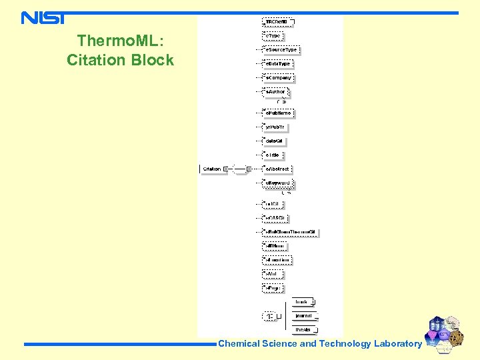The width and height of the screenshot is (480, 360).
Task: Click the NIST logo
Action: click(43, 17)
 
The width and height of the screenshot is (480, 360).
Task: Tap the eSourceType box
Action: click(281, 49)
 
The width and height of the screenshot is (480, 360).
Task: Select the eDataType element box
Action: click(278, 63)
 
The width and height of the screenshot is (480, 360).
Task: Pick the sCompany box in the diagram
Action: click(278, 78)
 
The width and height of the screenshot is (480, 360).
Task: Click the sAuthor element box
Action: click(275, 92)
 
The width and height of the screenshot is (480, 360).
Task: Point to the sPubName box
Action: click(278, 113)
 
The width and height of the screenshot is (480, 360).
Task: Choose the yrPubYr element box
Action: click(275, 127)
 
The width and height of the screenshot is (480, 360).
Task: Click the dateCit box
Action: click(274, 141)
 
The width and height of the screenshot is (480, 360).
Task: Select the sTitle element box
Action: click(273, 155)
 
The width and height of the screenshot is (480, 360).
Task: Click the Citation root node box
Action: click(212, 169)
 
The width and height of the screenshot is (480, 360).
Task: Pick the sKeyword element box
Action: click(277, 183)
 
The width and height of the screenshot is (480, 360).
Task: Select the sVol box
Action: click(274, 274)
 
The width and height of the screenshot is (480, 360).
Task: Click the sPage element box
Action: click(273, 288)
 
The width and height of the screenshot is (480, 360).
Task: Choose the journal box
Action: click(305, 316)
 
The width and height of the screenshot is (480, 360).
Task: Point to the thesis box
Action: click(305, 329)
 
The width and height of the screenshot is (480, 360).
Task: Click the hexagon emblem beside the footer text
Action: click(444, 333)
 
